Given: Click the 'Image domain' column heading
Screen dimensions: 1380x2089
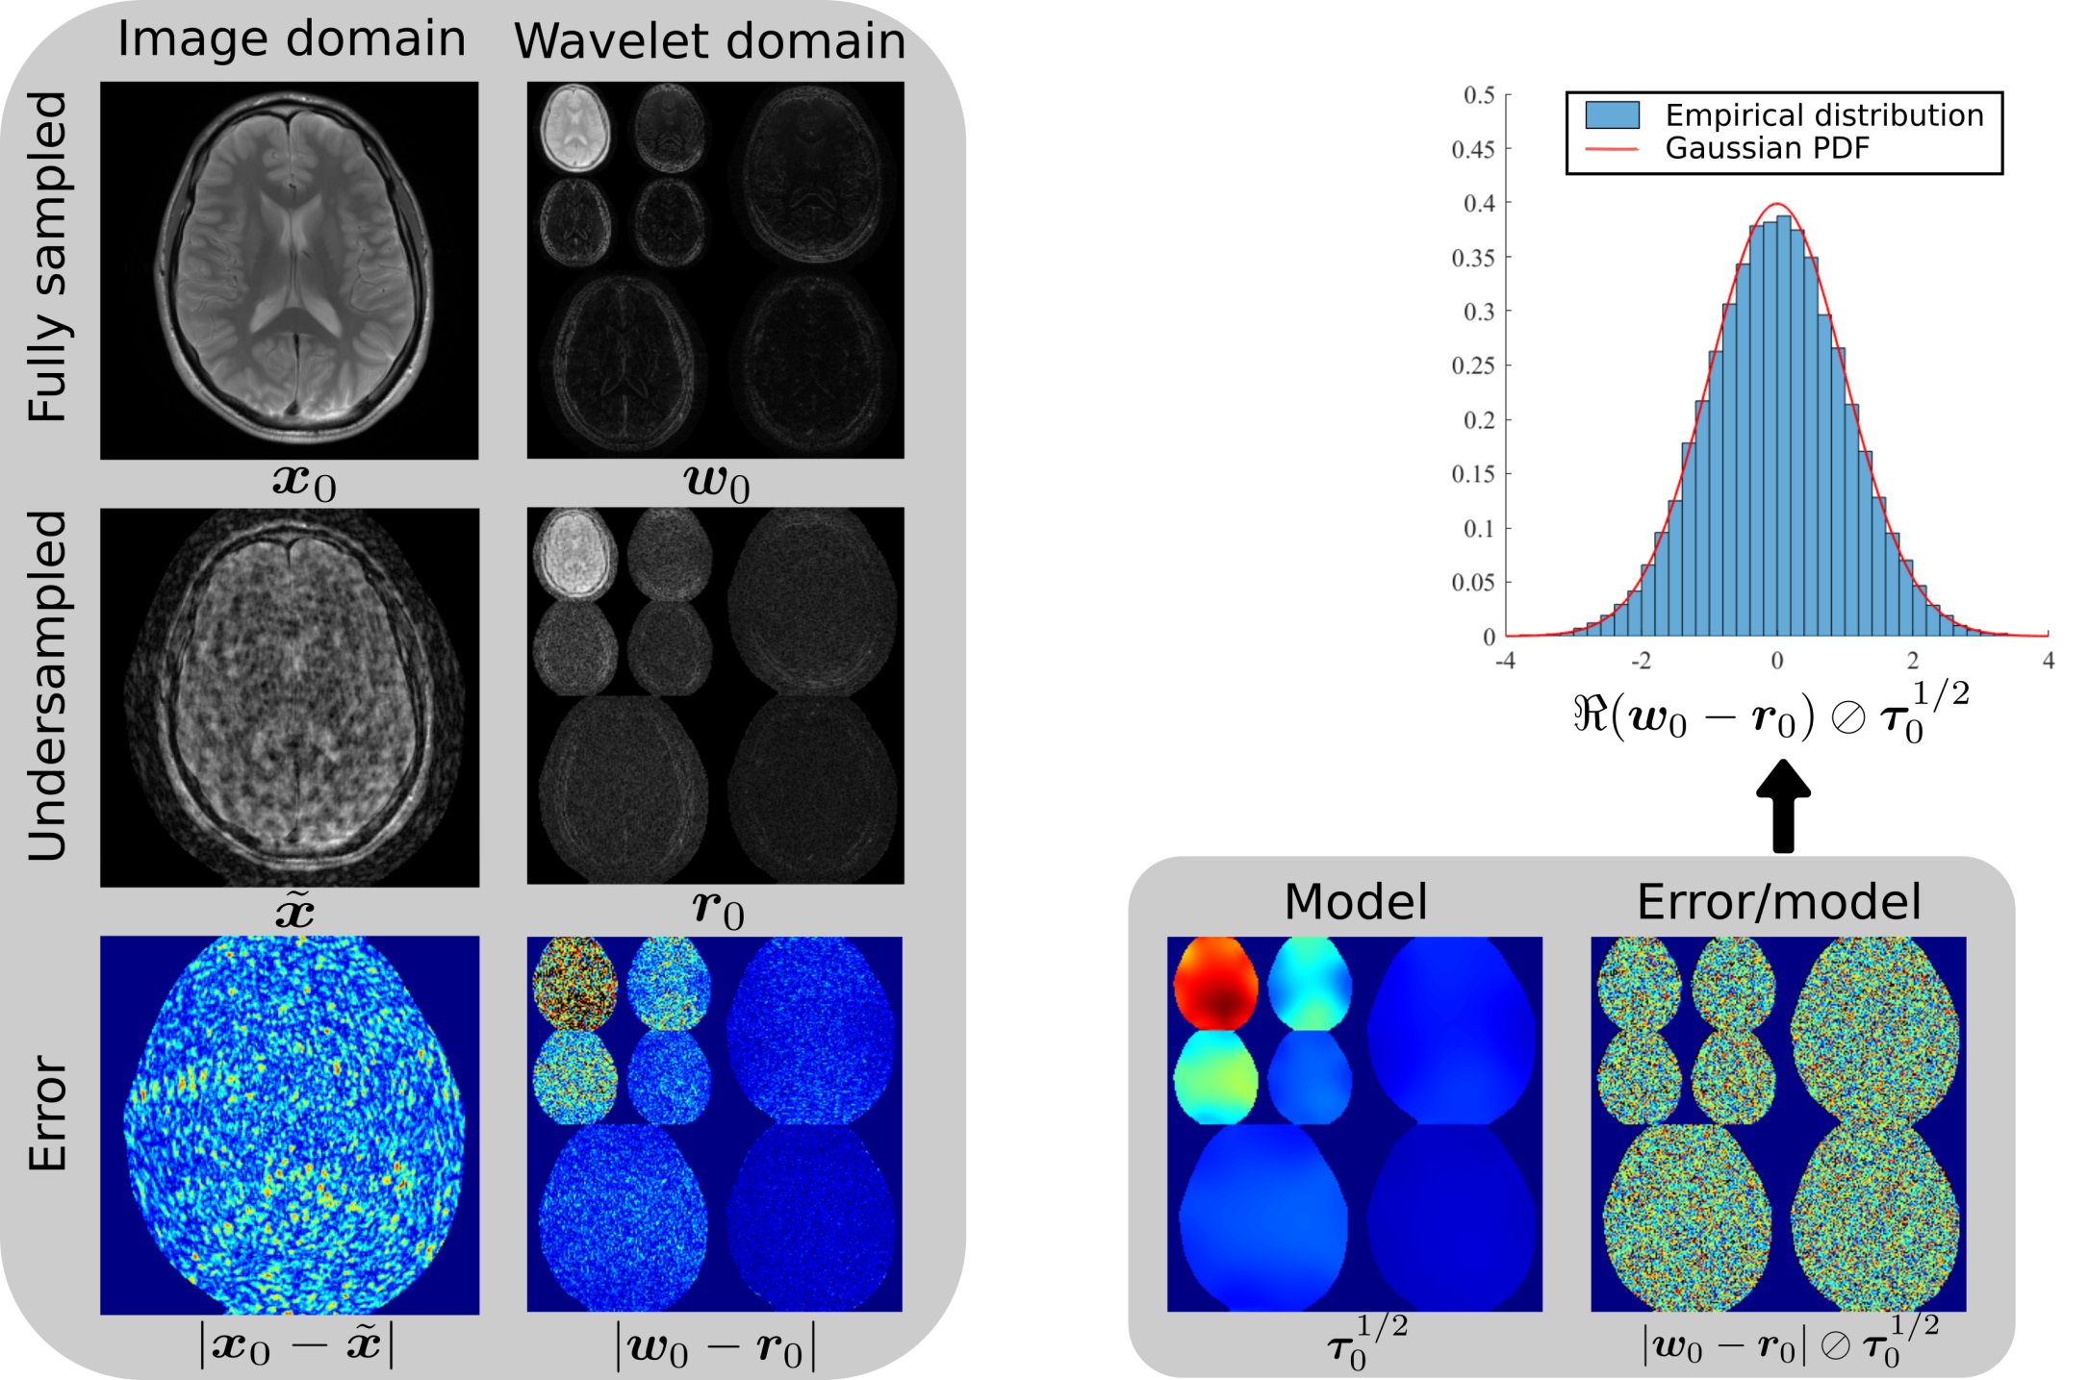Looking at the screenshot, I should point(291,39).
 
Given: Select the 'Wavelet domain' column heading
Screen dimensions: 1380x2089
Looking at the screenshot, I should point(709,41).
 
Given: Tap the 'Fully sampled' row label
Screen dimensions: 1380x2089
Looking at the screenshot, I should point(48,257).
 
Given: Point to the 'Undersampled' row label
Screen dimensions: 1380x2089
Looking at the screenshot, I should point(48,686).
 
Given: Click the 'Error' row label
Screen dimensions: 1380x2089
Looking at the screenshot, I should point(48,1113).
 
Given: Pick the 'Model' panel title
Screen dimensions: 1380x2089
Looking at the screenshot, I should point(1355,902).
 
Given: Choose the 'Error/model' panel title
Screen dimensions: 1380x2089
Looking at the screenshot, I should point(1778,902).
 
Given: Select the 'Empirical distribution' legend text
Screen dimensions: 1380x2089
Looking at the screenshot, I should point(1823,115).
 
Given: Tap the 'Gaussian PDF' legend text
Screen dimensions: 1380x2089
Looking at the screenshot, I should point(1767,148).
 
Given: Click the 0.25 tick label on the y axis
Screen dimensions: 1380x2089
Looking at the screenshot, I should point(1472,365).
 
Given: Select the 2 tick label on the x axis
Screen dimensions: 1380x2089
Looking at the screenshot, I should point(1912,661).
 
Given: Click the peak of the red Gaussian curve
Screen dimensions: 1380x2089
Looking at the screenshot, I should point(1777,204).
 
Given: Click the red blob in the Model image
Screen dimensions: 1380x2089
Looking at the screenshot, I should point(1215,986).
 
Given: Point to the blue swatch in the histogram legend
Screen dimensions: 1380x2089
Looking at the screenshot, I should point(1612,115).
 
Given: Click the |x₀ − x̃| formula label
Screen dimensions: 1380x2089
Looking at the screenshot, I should point(296,1346).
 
